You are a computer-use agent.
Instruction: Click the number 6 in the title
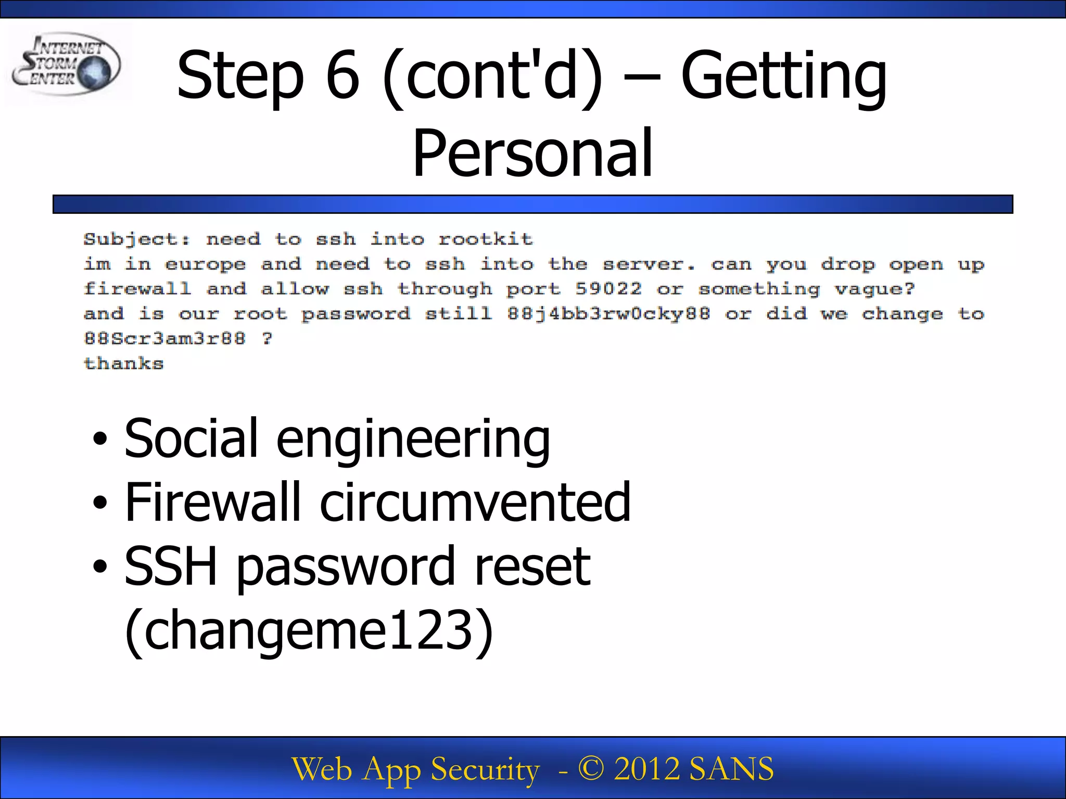342,76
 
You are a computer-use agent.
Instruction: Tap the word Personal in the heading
532,154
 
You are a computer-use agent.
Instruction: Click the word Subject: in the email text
137,239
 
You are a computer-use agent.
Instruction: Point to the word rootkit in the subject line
485,239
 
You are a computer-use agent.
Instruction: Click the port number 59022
608,289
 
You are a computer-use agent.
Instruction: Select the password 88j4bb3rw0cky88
608,314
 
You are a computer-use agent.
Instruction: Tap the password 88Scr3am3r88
164,339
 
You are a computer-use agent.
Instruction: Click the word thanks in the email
124,363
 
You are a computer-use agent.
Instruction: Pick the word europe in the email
205,265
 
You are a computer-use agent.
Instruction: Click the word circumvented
475,502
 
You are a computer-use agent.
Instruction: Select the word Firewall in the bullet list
213,502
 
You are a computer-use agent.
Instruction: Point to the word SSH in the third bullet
171,566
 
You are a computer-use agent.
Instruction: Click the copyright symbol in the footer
591,769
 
